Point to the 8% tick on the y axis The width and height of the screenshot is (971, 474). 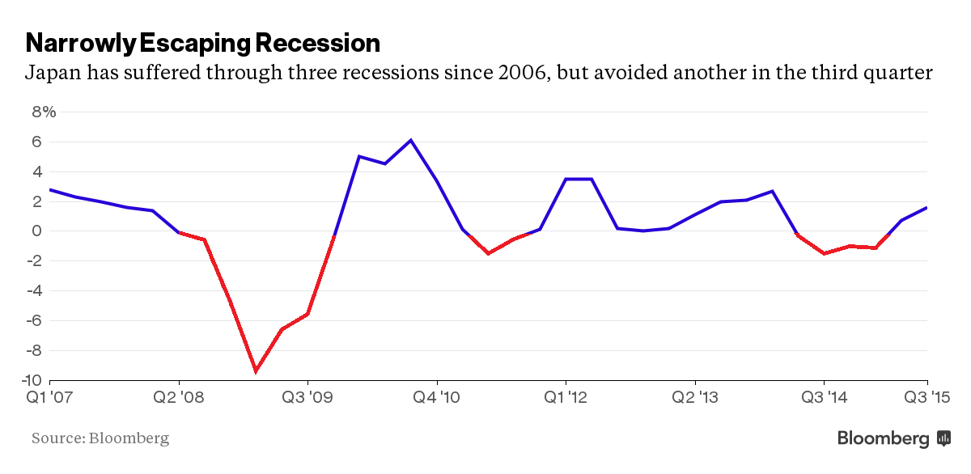tap(44, 112)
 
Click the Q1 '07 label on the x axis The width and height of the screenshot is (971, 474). tap(49, 397)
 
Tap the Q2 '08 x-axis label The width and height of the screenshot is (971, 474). tap(179, 397)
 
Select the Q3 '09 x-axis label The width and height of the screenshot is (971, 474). tap(307, 397)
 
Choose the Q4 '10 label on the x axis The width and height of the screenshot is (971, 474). tap(437, 397)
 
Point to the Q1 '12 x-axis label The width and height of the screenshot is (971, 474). tap(566, 397)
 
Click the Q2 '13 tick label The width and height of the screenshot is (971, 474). tap(695, 397)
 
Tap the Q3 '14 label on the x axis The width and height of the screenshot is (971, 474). tap(824, 397)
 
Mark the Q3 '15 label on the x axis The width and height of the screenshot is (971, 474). tap(927, 397)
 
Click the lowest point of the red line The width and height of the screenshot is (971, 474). tap(256, 371)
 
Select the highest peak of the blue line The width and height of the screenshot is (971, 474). tap(411, 140)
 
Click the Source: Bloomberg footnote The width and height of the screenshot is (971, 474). tap(100, 438)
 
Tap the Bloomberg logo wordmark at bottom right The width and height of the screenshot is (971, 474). tap(883, 438)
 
